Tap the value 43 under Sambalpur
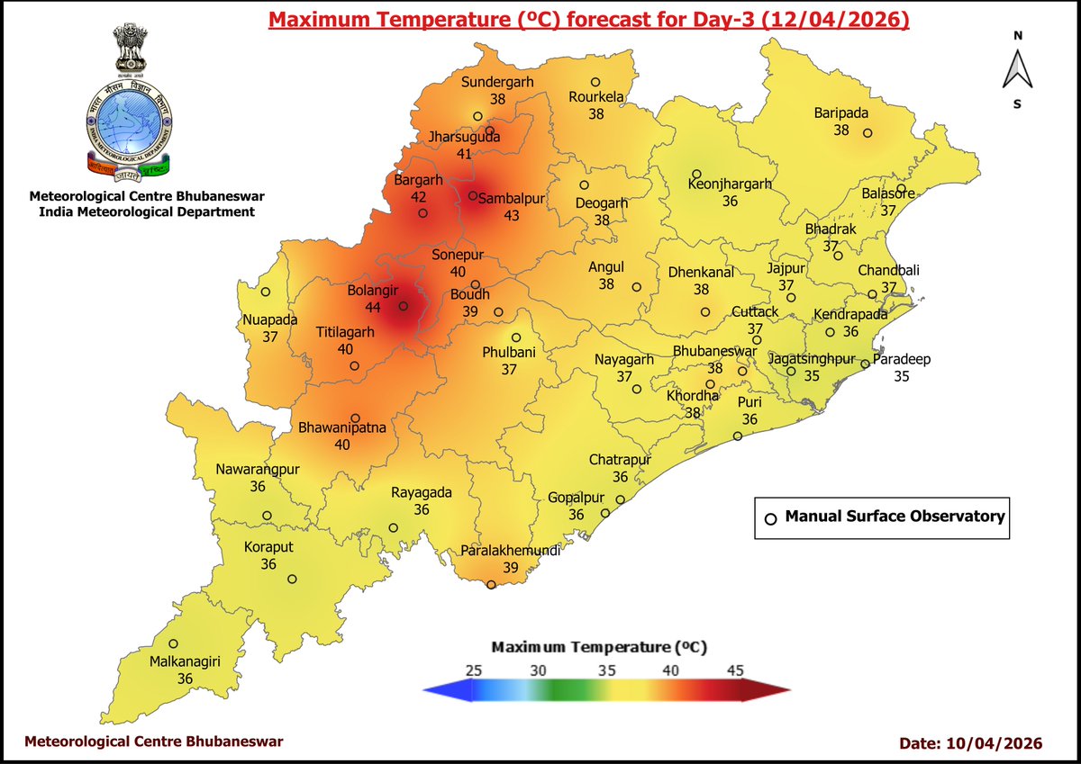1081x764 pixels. (511, 216)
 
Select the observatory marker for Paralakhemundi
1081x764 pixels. (491, 585)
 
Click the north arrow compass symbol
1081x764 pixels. (1017, 70)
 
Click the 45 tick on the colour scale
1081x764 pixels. (735, 670)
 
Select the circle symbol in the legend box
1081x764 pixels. (770, 518)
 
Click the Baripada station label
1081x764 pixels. (841, 112)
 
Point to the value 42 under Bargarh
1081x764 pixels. (419, 196)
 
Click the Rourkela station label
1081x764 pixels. (595, 97)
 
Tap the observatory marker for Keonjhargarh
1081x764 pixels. (696, 174)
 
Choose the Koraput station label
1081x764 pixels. (268, 547)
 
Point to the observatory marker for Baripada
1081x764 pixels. (868, 133)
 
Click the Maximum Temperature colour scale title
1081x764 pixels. (599, 648)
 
